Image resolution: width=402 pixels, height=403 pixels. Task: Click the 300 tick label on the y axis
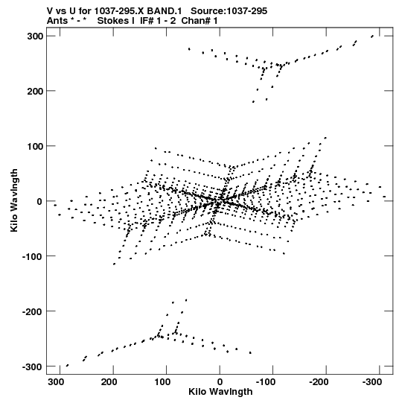click(x=35, y=37)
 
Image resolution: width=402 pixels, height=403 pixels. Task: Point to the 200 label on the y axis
click(x=35, y=91)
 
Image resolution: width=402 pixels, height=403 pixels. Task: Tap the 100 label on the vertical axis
click(x=35, y=146)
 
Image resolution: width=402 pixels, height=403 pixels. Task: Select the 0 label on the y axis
click(x=39, y=201)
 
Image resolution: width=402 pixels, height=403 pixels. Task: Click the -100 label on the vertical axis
click(x=32, y=256)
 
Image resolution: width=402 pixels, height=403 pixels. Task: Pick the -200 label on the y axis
click(x=32, y=311)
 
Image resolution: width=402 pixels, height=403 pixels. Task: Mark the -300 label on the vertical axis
click(x=32, y=366)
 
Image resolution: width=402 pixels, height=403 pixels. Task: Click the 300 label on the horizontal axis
click(x=56, y=382)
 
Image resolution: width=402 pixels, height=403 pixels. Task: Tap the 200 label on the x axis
click(x=109, y=382)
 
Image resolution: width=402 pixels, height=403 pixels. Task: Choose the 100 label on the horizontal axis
click(x=162, y=382)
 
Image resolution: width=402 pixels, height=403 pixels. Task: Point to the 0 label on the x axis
click(x=220, y=382)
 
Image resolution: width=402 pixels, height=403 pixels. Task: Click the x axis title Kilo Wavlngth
click(x=220, y=393)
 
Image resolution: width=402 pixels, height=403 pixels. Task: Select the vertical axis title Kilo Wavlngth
click(x=14, y=200)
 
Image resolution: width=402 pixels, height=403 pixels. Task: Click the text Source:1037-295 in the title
click(x=229, y=11)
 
